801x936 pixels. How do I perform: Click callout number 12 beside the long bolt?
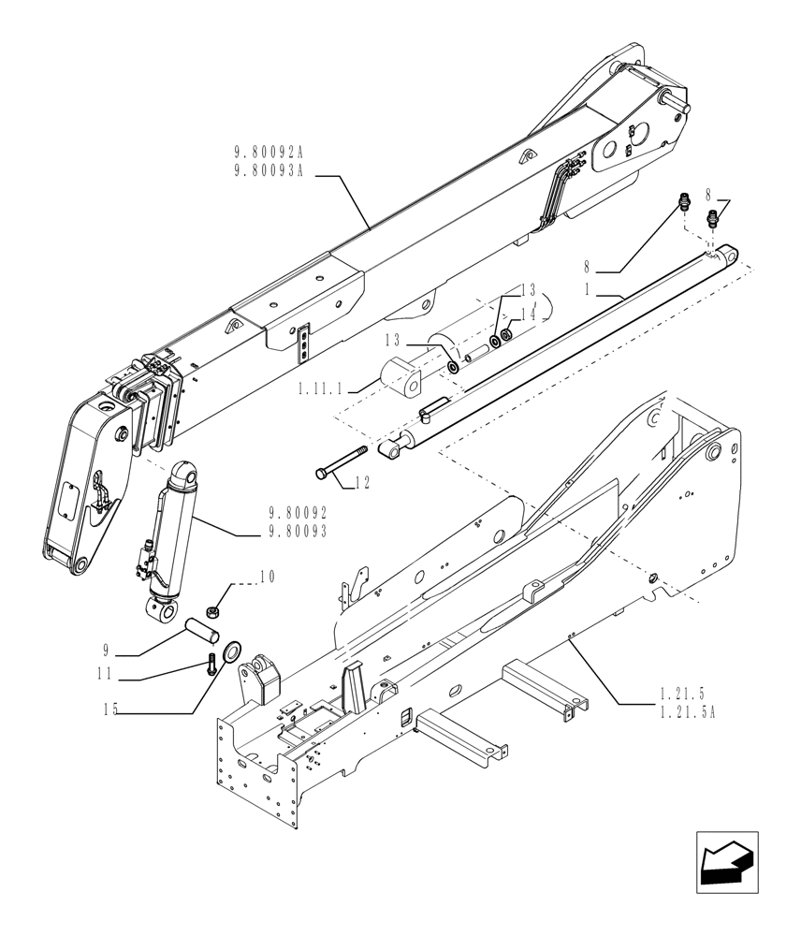point(363,484)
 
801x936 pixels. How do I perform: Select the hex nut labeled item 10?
point(213,611)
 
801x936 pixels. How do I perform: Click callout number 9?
point(109,647)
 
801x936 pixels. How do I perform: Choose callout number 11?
point(109,672)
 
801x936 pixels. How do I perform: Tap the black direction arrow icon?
point(726,859)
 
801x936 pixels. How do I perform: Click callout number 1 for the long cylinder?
point(588,290)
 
